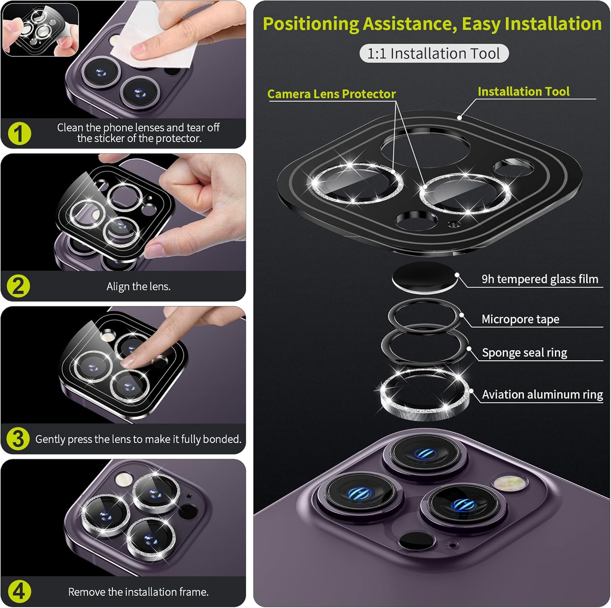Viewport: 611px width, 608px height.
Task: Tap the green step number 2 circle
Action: pos(19,286)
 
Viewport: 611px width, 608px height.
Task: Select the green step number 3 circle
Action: pos(18,439)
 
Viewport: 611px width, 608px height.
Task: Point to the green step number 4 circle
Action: pos(19,592)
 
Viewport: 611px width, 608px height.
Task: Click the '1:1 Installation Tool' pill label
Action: pos(433,53)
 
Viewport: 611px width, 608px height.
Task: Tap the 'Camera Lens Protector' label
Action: pos(331,94)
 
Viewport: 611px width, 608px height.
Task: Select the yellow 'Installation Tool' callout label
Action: pos(523,92)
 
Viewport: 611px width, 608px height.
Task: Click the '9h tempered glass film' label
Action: pos(540,279)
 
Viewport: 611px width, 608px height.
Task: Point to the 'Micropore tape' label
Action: pos(520,319)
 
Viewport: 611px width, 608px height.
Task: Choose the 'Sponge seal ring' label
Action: pos(524,353)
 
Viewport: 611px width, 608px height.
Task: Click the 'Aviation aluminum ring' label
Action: pos(542,394)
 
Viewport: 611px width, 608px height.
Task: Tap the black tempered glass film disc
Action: pos(424,277)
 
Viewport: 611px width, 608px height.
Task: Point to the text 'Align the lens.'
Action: pos(138,286)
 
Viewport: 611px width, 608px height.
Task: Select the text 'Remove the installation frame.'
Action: pos(138,592)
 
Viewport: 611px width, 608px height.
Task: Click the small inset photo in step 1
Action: pos(40,29)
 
